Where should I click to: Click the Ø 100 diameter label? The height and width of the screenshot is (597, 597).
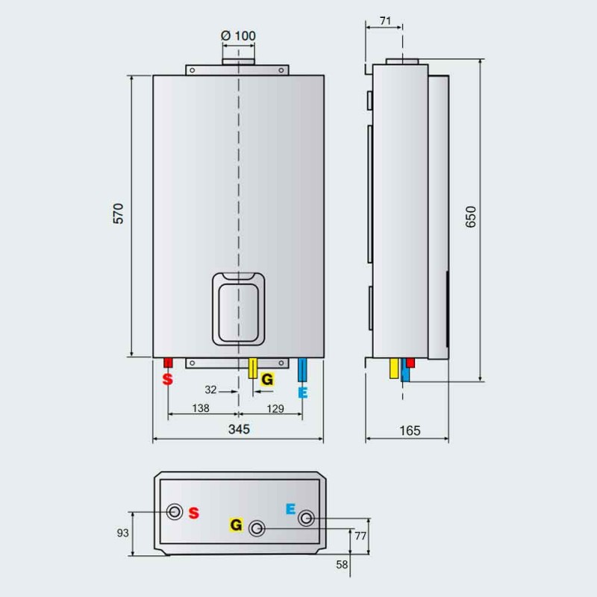(238, 36)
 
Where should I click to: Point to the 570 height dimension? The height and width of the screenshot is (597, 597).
(118, 214)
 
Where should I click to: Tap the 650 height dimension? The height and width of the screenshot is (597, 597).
(469, 216)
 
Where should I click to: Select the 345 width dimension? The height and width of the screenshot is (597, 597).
(238, 429)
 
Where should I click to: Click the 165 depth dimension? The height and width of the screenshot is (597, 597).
(410, 431)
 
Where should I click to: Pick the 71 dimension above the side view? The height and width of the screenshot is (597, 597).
(386, 21)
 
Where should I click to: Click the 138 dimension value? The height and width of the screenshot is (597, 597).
(199, 408)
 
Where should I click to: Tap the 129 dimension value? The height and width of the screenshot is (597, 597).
(275, 408)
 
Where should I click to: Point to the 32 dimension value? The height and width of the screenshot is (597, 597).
(211, 389)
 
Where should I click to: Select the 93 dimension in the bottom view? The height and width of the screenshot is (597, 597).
(123, 533)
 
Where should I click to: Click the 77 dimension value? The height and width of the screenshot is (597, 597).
(360, 536)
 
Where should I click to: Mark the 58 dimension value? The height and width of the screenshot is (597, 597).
(342, 565)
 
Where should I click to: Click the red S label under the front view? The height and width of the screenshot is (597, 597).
(168, 379)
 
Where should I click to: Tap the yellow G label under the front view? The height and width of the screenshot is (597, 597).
(267, 379)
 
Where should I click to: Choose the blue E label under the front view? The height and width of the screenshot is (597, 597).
(302, 392)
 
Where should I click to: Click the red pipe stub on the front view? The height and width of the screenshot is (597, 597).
(168, 363)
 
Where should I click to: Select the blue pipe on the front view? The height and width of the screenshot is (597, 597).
(302, 370)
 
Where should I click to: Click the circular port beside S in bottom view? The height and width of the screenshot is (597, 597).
(175, 512)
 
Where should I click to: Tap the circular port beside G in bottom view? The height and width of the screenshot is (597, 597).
(257, 528)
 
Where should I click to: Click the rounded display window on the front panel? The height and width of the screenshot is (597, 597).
(239, 308)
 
